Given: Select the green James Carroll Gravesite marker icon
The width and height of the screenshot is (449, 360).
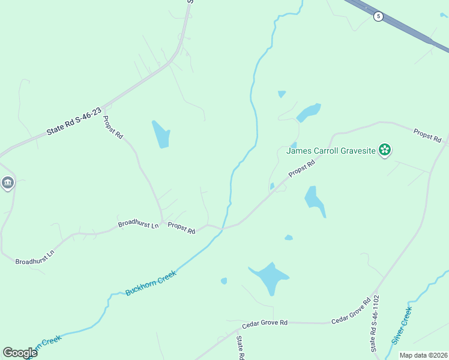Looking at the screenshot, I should point(385,149).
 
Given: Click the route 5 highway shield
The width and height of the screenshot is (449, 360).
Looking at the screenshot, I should point(378,16).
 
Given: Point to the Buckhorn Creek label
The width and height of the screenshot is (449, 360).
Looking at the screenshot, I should point(151,283).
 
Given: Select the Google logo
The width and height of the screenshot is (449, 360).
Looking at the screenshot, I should point(20,352).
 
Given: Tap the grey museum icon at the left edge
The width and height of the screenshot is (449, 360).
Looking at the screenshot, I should point(7,182).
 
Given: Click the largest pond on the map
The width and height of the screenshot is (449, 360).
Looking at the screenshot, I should point(270,278).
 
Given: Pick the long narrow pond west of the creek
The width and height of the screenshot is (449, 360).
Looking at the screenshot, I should point(161,134).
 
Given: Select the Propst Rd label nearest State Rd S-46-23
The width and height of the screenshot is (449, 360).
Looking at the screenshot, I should point(113,127).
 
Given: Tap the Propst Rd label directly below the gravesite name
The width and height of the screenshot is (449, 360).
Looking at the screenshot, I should point(302,168).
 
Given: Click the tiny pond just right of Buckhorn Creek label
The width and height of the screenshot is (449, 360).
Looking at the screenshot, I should point(224,280).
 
